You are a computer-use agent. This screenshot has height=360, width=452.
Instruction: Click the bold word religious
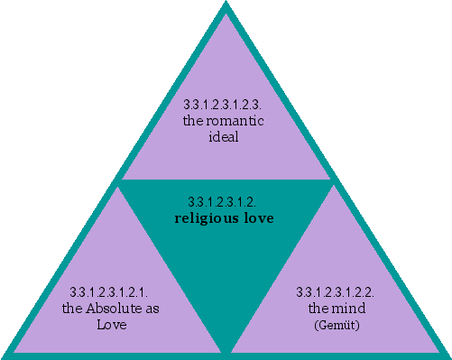coord(207,217)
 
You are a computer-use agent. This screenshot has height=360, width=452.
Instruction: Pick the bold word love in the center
coord(258,217)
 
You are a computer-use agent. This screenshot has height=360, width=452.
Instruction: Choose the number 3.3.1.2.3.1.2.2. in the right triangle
coord(336,292)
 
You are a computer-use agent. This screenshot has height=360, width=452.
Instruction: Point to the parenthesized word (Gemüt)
coord(336,323)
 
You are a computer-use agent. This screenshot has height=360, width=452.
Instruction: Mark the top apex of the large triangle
coord(226,5)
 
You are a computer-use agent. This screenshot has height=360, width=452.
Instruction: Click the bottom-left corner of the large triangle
coord(5,355)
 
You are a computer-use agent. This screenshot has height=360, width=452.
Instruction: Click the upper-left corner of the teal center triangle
coord(121,181)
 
